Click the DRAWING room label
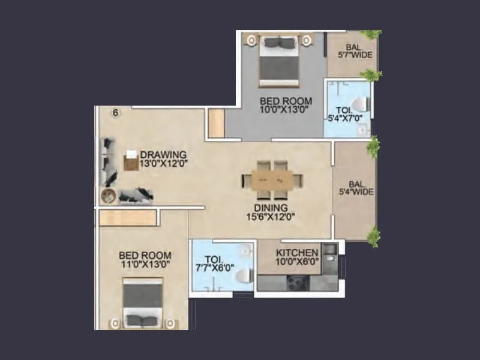pyautogui.click(x=163, y=154)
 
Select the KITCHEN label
pyautogui.click(x=297, y=252)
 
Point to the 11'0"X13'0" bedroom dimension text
pyautogui.click(x=145, y=263)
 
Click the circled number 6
pyautogui.click(x=116, y=112)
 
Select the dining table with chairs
pyautogui.click(x=272, y=179)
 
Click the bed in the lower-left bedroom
pyautogui.click(x=143, y=302)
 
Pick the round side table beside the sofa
pyautogui.click(x=109, y=195)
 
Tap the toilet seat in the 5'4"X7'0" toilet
pyautogui.click(x=359, y=105)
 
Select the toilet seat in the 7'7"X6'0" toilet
pyautogui.click(x=244, y=275)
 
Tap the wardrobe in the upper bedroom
pyautogui.click(x=215, y=124)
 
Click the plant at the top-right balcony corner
pyautogui.click(x=371, y=34)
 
